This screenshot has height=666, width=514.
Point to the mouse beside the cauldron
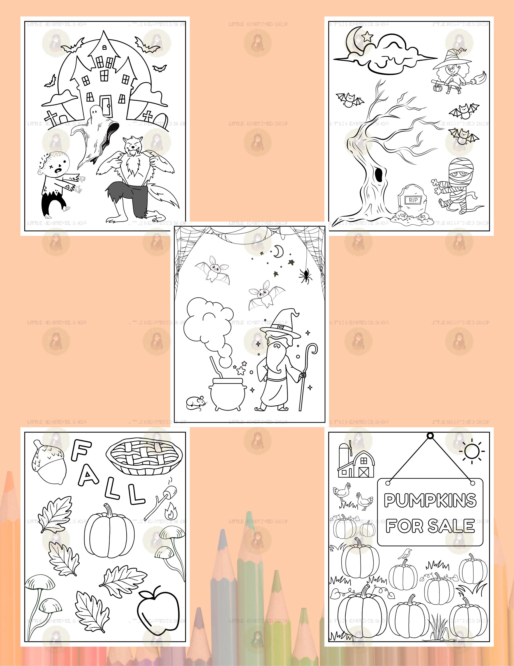tap(195, 402)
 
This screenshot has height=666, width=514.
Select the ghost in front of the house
tap(95, 134)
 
